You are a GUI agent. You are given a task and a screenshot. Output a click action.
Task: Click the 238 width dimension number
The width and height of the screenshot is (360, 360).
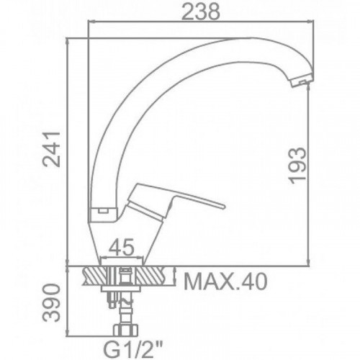coord(201,12)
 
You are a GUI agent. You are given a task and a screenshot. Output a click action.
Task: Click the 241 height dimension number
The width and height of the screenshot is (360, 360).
coord(51,149)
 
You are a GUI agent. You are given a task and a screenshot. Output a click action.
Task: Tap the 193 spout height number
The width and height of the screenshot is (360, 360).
coord(298,166)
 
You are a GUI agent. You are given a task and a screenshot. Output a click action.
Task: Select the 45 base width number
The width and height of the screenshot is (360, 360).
coord(121,247)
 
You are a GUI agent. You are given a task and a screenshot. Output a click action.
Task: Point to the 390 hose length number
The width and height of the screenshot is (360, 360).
coord(51,303)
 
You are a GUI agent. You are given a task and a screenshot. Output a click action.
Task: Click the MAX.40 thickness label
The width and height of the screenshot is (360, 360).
coord(225,282)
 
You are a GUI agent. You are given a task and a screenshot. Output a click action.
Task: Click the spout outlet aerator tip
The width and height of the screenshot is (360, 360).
coord(300,82)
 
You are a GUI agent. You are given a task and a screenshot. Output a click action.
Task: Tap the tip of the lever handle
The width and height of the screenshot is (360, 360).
coord(223,207)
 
